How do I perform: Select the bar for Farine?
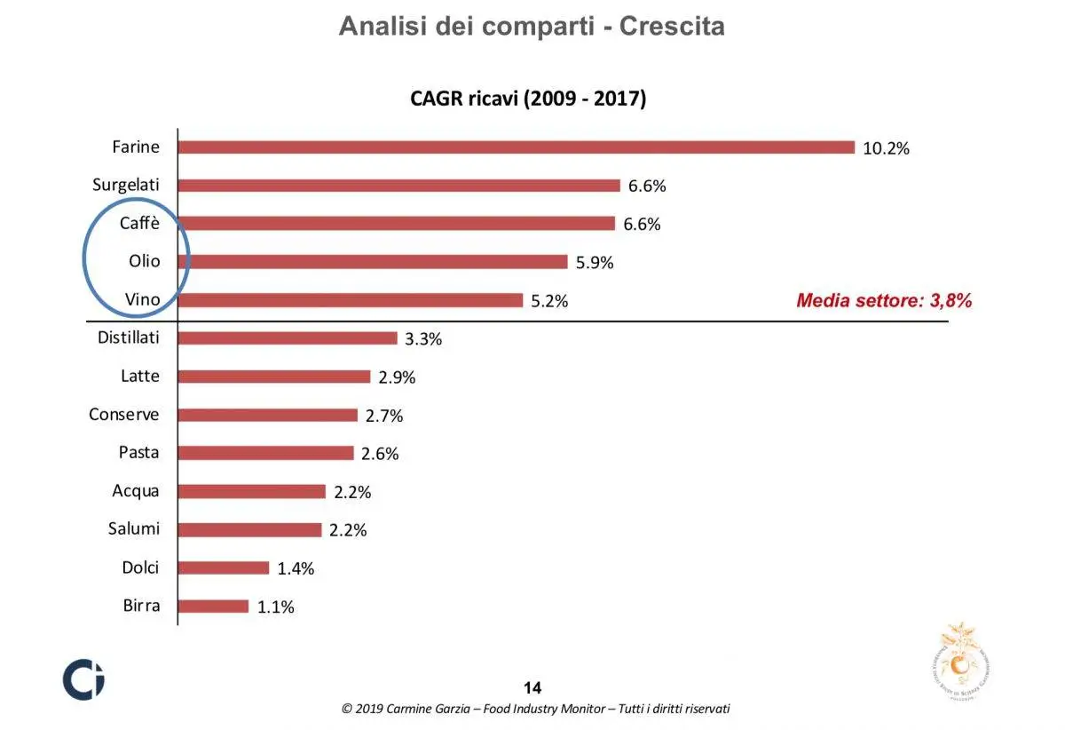[x=516, y=147]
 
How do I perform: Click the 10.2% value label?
[x=886, y=148]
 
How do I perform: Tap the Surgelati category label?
[x=126, y=185]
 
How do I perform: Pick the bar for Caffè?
[x=396, y=224]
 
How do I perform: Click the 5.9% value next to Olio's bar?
[x=595, y=263]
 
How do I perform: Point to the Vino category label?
[x=142, y=299]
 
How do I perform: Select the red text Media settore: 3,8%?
[x=884, y=300]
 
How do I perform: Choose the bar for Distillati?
[x=288, y=338]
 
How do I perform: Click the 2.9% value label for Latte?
[x=397, y=377]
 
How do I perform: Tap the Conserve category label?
[x=124, y=414]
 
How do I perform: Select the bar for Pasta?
[x=266, y=453]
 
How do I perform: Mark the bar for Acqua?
[x=252, y=491]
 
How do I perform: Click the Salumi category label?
[x=134, y=528]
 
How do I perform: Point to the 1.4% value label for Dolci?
[x=296, y=569]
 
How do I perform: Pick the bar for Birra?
[x=213, y=607]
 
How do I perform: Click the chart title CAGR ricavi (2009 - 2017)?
[x=528, y=99]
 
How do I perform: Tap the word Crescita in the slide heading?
[x=672, y=26]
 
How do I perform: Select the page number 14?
[x=532, y=687]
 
